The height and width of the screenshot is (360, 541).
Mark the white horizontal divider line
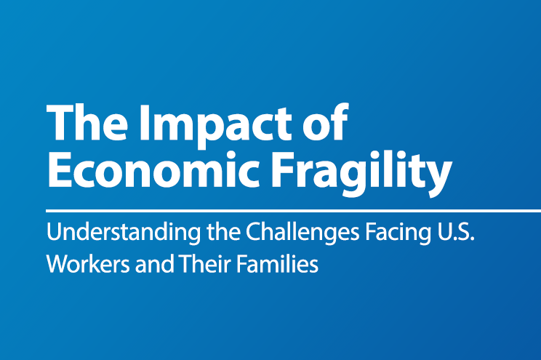(x=291, y=210)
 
